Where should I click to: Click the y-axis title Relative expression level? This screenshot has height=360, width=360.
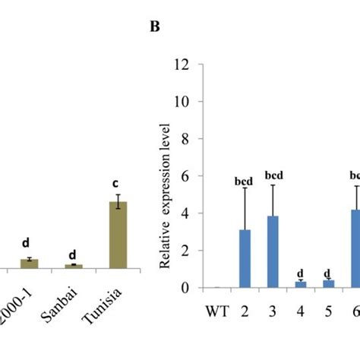click(x=164, y=194)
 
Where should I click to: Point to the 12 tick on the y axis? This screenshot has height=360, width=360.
click(x=179, y=65)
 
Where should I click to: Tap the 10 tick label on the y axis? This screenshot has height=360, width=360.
click(x=179, y=102)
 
